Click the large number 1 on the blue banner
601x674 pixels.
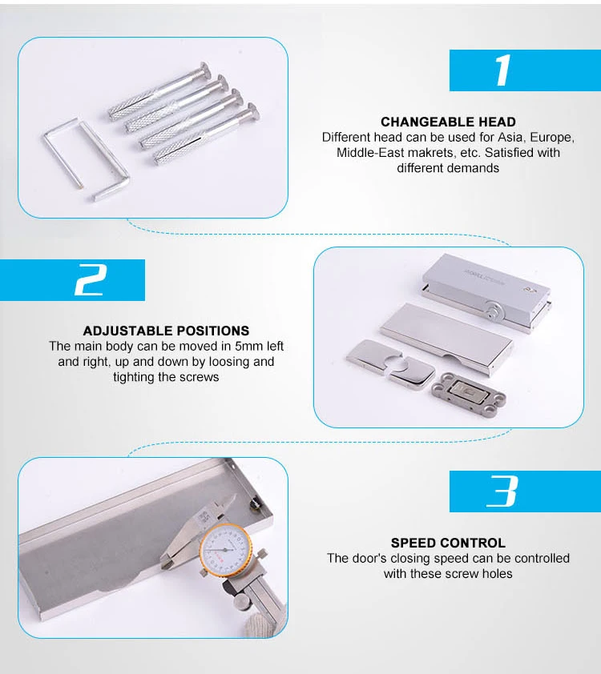503,70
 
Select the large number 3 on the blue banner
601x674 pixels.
502,491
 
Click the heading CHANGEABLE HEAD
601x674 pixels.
448,122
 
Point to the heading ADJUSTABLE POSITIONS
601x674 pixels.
166,331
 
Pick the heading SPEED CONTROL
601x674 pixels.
448,543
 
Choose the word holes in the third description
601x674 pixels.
498,573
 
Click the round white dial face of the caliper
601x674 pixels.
224,550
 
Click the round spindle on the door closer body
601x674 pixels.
494,309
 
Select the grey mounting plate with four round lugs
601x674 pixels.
469,393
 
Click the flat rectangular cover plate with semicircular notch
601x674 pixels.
446,338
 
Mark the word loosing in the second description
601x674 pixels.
228,362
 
